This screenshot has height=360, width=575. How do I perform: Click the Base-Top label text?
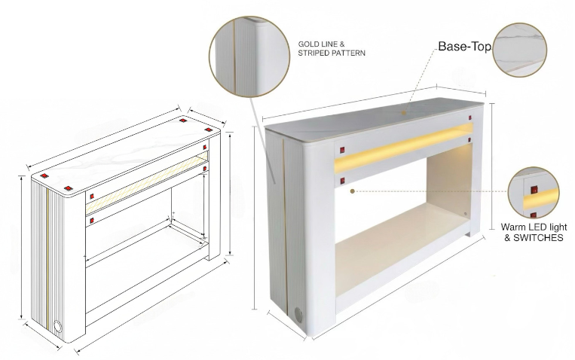pyautogui.click(x=465, y=47)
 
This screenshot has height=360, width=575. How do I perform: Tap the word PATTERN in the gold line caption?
pyautogui.click(x=348, y=53)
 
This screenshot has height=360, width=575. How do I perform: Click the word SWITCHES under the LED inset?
pyautogui.click(x=538, y=238)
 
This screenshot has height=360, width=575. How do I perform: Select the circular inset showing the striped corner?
pyautogui.click(x=249, y=56)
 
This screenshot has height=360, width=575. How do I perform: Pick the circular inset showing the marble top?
pyautogui.click(x=519, y=50)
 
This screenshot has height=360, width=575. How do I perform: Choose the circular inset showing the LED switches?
pyautogui.click(x=534, y=193)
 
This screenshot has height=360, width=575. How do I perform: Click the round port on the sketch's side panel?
pyautogui.click(x=58, y=326)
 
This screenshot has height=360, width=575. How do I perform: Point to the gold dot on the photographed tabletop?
pyautogui.click(x=404, y=113)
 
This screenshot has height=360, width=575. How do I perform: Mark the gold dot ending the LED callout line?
pyautogui.click(x=353, y=191)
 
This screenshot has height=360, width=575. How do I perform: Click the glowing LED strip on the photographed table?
pyautogui.click(x=403, y=148)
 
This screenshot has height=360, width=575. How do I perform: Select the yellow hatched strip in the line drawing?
pyautogui.click(x=147, y=185)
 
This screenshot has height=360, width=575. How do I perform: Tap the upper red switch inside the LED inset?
pyautogui.click(x=534, y=190)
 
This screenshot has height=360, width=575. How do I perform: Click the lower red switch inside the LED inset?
pyautogui.click(x=534, y=215)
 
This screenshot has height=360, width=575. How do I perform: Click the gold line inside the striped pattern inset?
pyautogui.click(x=233, y=56)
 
